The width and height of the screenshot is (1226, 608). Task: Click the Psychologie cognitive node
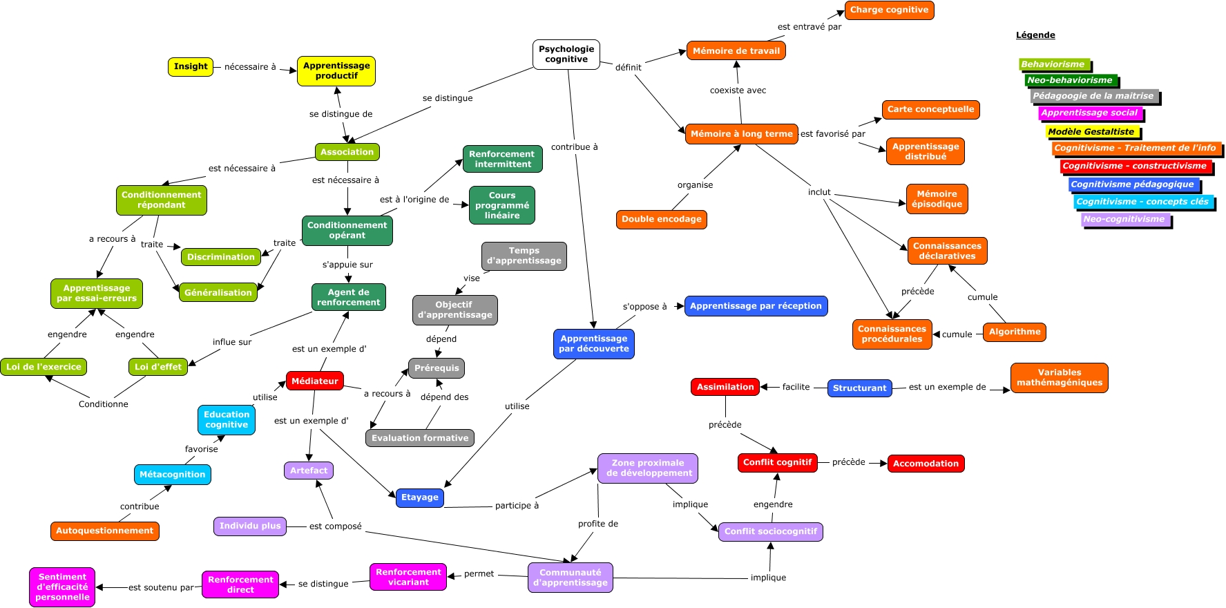566,54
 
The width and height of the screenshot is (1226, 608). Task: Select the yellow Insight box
191,66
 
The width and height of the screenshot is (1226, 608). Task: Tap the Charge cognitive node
889,10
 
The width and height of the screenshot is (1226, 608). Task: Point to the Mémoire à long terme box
741,134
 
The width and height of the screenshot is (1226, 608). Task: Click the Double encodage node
661,219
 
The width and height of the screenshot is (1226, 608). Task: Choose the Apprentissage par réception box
756,306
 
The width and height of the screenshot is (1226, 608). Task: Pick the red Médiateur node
315,381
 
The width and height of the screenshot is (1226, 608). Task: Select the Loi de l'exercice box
44,367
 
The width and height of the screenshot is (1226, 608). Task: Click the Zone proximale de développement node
647,468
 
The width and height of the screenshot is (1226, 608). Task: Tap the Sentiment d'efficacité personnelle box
62,587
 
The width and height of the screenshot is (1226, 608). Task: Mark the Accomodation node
926,464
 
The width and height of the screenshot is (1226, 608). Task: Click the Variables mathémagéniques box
1059,377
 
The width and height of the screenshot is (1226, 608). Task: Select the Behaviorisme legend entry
1053,64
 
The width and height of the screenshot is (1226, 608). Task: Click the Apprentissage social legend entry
1089,113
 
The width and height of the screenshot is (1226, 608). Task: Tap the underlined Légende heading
1035,35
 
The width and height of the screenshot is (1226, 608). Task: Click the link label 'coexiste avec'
738,91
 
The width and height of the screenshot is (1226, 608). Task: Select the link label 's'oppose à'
644,307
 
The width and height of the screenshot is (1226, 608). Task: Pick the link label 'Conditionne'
103,404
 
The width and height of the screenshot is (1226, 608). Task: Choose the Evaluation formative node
419,438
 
